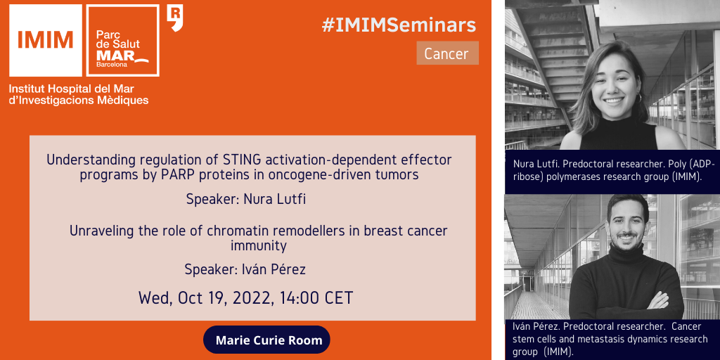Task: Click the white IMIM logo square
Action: [46, 40]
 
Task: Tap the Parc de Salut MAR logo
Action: [122, 40]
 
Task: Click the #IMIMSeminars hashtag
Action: [399, 25]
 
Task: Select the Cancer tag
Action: [447, 53]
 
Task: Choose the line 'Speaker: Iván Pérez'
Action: [245, 269]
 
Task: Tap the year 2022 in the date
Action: [251, 298]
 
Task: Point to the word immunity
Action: [259, 246]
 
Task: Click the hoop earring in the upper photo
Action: [638, 98]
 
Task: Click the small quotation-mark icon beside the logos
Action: [175, 18]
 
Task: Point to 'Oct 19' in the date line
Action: [201, 298]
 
